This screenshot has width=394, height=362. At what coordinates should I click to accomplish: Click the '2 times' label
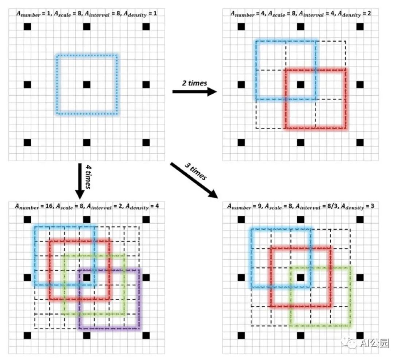click(x=195, y=83)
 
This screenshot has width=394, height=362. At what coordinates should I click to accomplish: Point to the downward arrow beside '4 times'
click(x=79, y=181)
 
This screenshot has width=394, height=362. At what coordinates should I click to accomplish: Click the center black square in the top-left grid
click(x=86, y=85)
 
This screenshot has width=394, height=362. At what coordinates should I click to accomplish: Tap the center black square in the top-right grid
click(x=300, y=85)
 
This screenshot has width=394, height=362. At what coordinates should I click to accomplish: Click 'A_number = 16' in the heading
click(x=35, y=206)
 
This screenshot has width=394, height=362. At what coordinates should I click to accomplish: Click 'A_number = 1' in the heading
click(x=34, y=14)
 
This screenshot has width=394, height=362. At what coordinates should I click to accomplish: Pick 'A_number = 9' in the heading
click(x=247, y=206)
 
